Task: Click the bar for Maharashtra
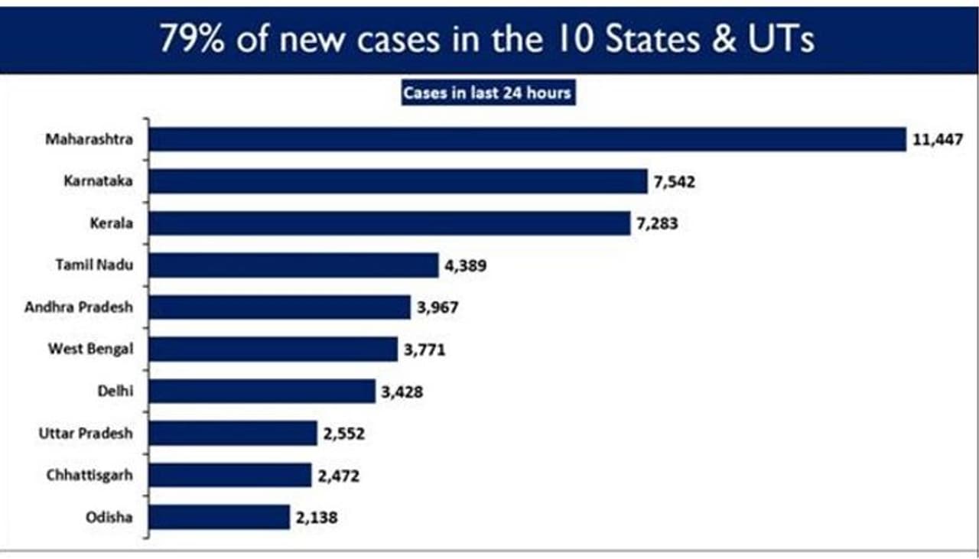click(527, 140)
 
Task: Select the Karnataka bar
click(398, 182)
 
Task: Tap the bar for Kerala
click(389, 223)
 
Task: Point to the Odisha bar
click(219, 517)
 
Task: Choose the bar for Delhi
click(262, 392)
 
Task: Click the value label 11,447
click(936, 140)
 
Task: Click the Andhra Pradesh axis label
click(79, 307)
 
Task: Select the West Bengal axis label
click(90, 349)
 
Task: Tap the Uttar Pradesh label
click(86, 434)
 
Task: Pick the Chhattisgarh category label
click(89, 475)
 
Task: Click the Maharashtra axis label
click(89, 140)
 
